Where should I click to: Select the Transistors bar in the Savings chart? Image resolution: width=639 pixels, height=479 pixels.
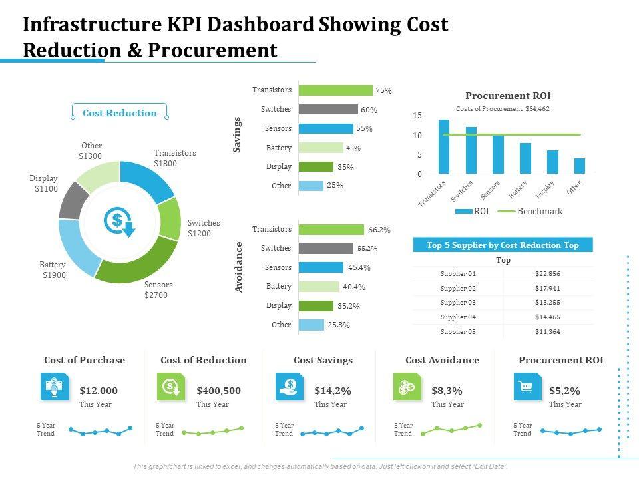(335, 90)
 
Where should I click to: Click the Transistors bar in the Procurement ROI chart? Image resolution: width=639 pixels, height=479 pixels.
(444, 147)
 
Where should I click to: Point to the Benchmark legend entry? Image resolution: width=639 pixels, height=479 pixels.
(539, 212)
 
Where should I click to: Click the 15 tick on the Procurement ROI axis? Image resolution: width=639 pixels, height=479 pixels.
(417, 116)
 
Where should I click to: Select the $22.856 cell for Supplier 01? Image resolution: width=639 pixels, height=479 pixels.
(548, 273)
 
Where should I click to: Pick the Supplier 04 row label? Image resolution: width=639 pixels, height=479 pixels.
(459, 317)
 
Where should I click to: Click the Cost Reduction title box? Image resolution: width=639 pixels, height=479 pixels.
(120, 113)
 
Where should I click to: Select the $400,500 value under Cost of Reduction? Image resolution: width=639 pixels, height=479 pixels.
(218, 391)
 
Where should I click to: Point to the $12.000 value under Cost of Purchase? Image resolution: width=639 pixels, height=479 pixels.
(99, 391)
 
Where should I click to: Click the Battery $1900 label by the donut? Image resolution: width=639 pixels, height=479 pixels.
(53, 270)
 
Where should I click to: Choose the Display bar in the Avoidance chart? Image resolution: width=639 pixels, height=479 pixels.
(316, 306)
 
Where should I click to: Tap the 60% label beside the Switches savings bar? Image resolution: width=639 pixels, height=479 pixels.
(369, 110)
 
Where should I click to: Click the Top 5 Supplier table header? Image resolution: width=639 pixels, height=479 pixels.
(503, 245)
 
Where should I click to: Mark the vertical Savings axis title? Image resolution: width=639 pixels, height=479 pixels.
(236, 135)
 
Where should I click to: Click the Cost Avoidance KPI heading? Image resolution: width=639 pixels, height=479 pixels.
(442, 360)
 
